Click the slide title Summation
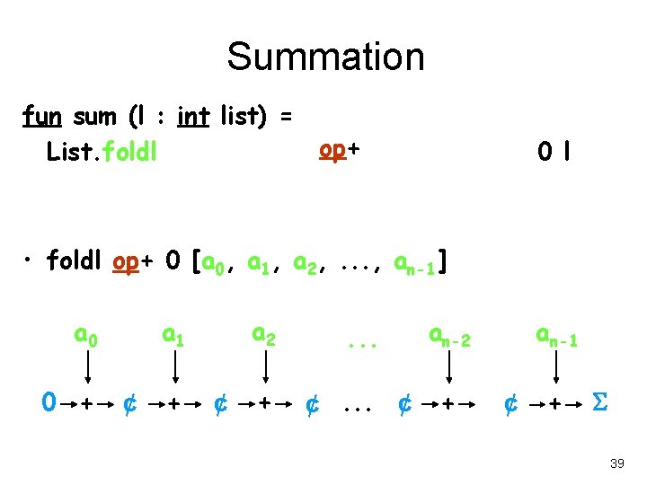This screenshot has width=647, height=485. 324,56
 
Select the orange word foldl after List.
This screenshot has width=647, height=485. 131,152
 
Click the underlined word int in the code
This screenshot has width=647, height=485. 193,117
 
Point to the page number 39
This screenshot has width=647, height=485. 616,463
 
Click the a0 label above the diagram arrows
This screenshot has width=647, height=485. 85,337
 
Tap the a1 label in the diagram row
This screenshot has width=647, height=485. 173,337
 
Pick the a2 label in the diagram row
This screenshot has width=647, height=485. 263,337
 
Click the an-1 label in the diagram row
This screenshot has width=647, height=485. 557,337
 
